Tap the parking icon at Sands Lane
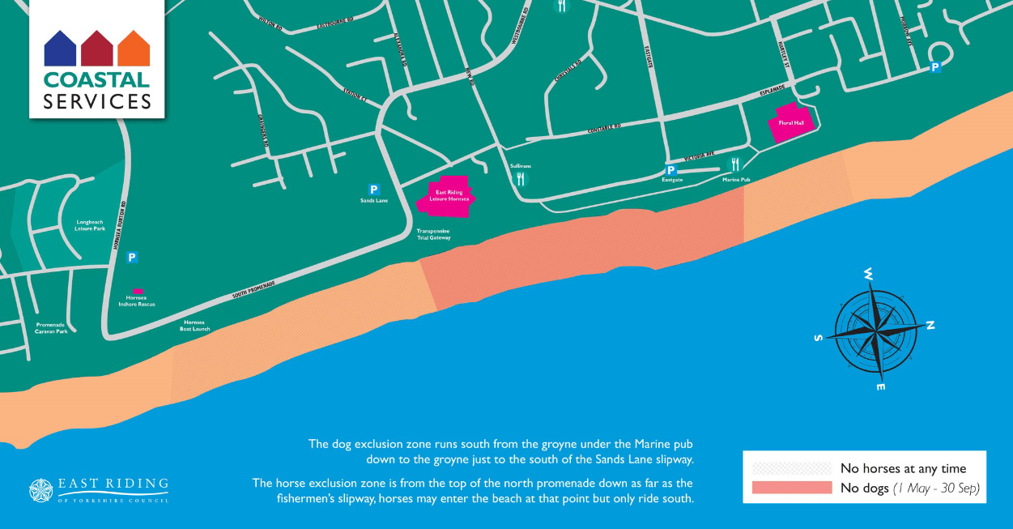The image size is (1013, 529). coord(374,190)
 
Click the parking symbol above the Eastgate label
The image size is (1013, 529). coord(670,170)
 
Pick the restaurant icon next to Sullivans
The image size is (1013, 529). coord(521,179)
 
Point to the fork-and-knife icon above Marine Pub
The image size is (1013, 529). coord(735,164)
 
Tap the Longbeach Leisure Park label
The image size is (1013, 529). coord(90,225)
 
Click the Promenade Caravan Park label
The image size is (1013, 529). coord(52,328)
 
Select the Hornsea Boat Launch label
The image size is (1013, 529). coord(194,325)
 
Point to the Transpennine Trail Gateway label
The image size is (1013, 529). coord(433,235)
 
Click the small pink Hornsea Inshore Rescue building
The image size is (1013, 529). coord(138,290)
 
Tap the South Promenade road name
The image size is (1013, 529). coord(253,290)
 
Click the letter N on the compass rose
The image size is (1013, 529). coord(930,326)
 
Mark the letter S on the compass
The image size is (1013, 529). coord(819,337)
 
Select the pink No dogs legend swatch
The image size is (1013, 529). coord(791,488)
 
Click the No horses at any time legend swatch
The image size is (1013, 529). coord(791,468)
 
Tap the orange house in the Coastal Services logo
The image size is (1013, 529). coord(134,49)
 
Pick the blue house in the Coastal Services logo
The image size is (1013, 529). coord(60,49)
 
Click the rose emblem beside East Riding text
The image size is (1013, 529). coord(40,491)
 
